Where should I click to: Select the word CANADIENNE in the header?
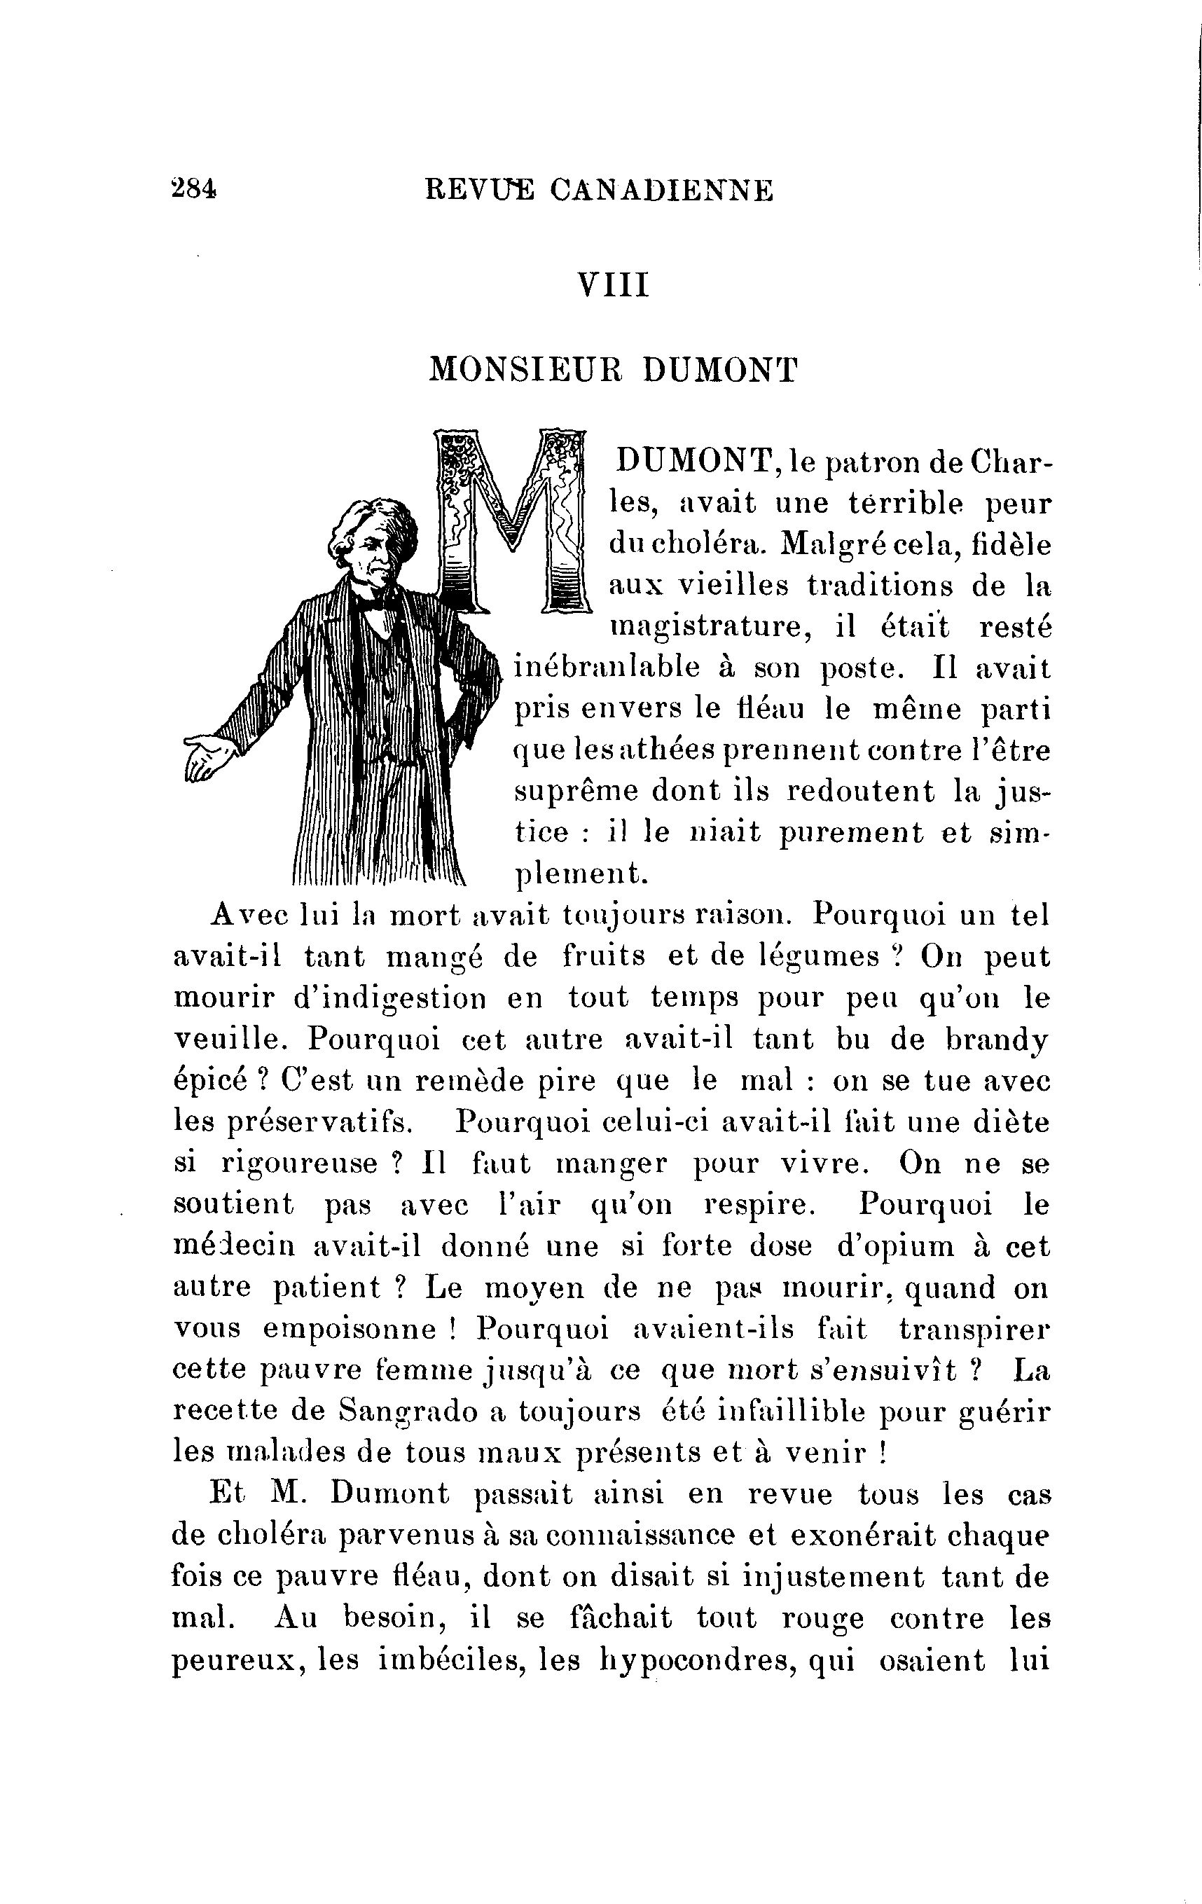661,191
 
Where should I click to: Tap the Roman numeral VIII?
614,285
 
